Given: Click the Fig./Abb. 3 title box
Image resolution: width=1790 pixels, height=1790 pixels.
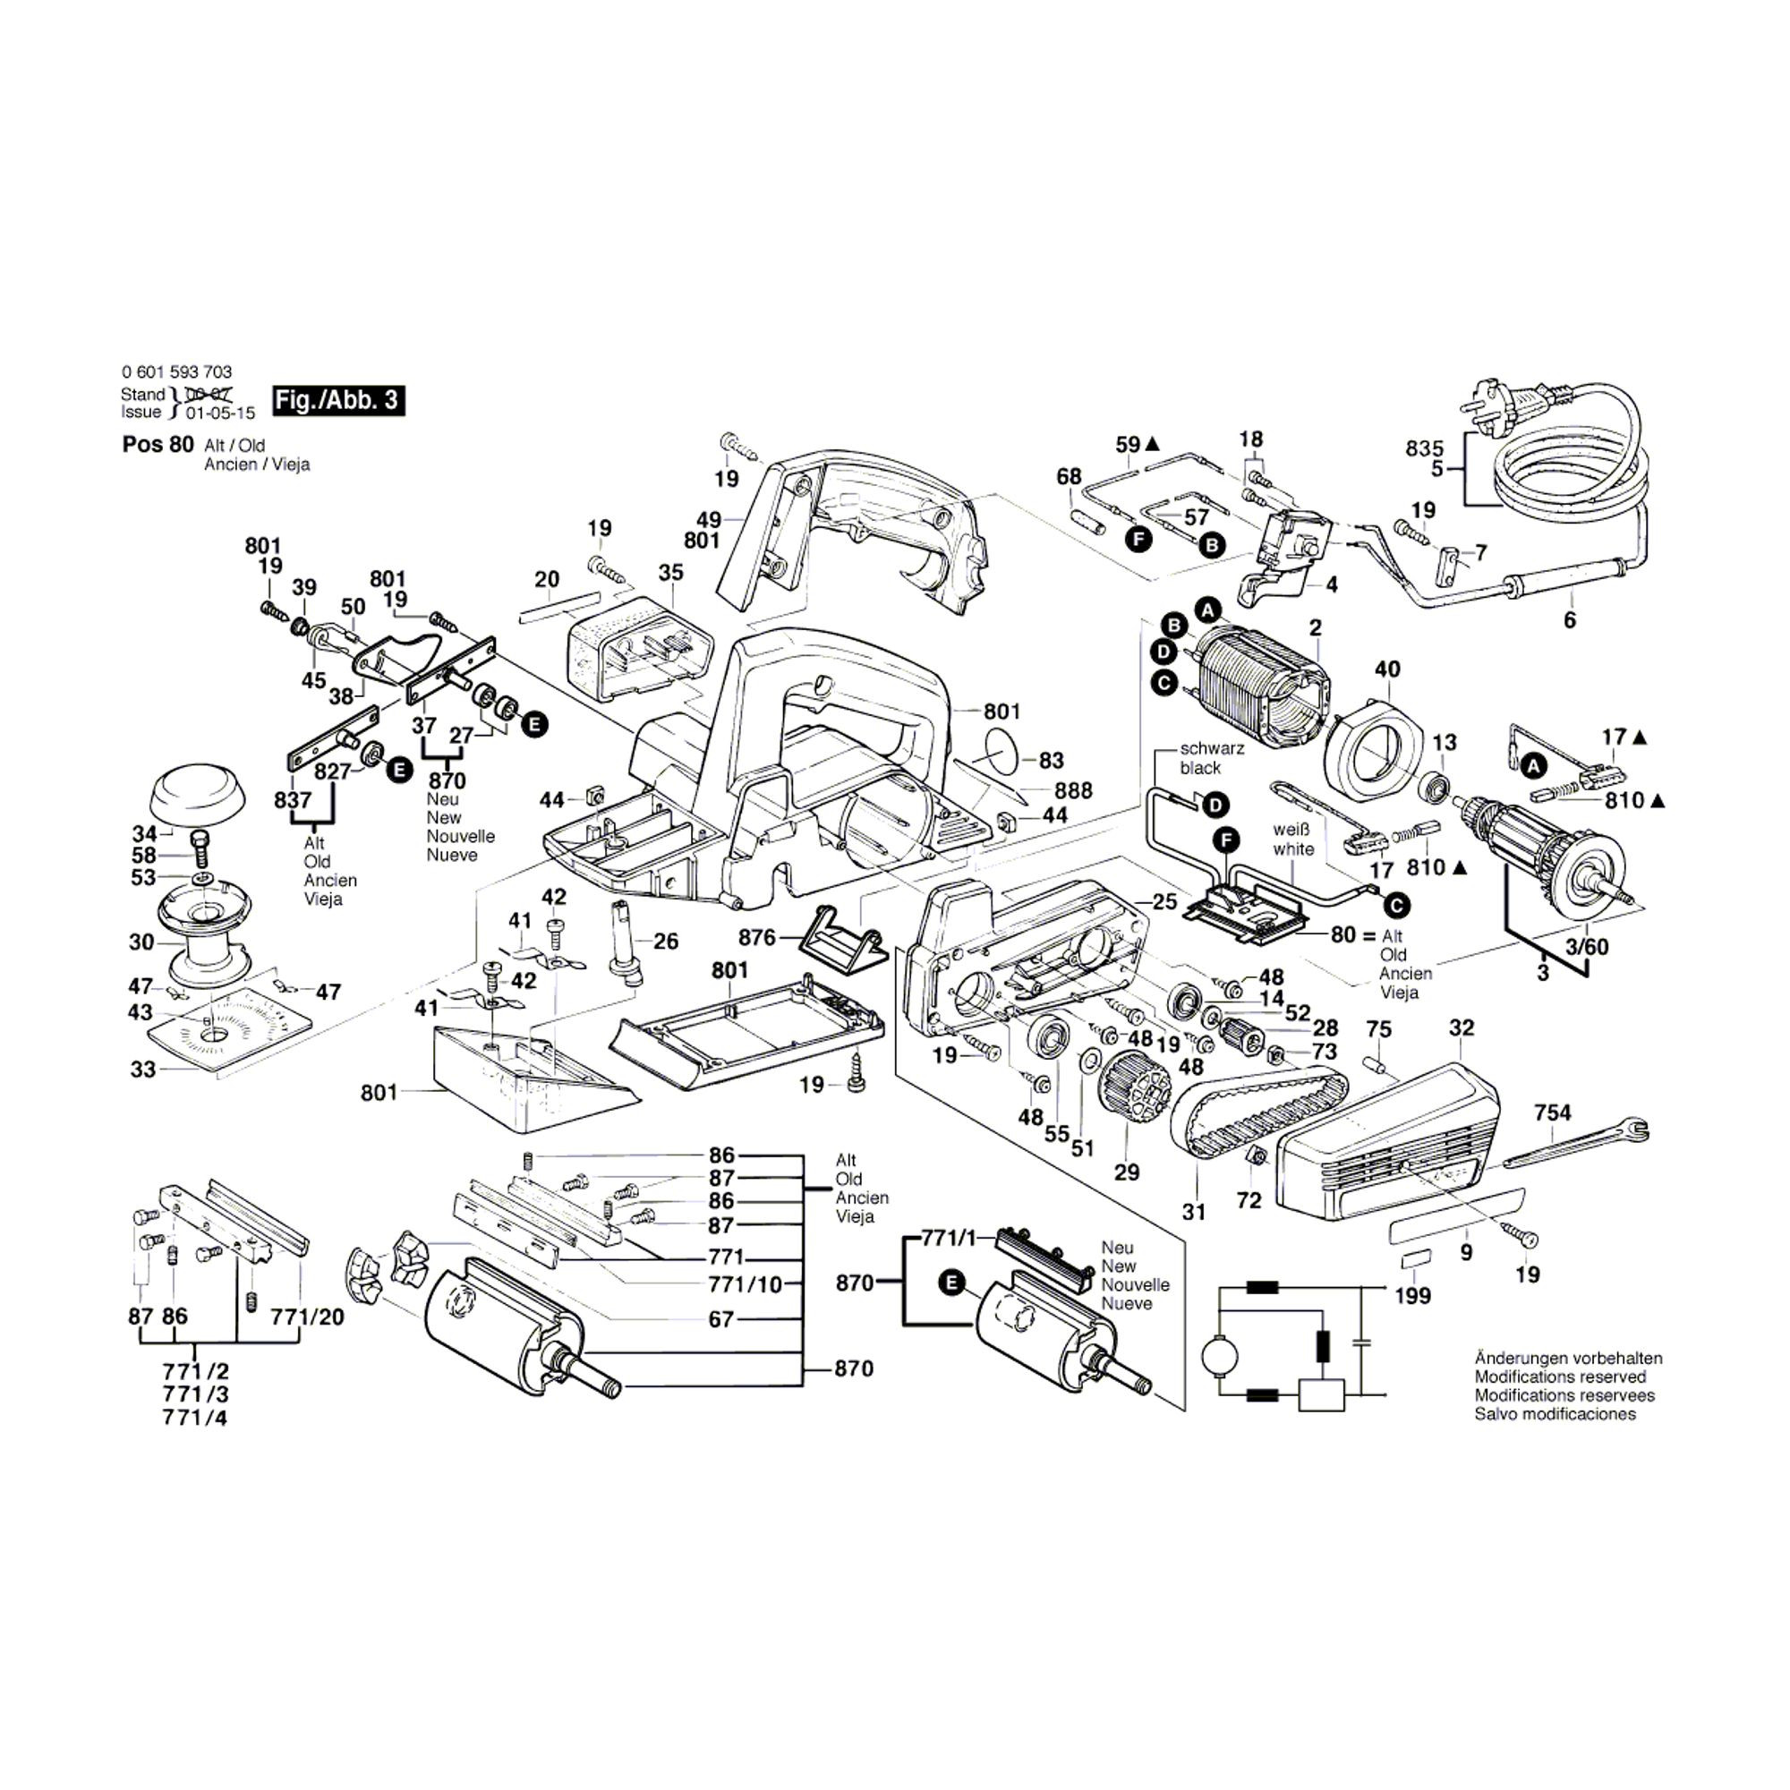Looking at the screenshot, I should point(338,400).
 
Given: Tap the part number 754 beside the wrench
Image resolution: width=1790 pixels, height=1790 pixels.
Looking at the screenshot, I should point(1552,1112).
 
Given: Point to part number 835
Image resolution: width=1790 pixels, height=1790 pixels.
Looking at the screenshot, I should point(1424,448).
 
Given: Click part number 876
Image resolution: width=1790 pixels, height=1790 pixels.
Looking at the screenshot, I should point(757,937).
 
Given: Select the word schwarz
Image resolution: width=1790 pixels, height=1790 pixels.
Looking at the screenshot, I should point(1212,748).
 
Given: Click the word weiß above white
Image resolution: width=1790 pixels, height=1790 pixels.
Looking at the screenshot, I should point(1291,830).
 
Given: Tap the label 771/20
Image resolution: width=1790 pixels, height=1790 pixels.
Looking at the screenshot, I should point(307,1317).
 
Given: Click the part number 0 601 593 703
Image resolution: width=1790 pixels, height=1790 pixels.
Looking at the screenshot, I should point(176,371).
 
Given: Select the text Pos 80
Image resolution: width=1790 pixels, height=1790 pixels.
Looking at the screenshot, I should point(158,444).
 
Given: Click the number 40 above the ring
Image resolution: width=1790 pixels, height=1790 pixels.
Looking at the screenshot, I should point(1387,669).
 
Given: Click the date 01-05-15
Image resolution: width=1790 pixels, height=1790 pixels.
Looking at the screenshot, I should point(219,413).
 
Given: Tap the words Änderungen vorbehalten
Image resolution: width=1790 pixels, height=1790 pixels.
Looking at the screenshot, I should point(1568,1359).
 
